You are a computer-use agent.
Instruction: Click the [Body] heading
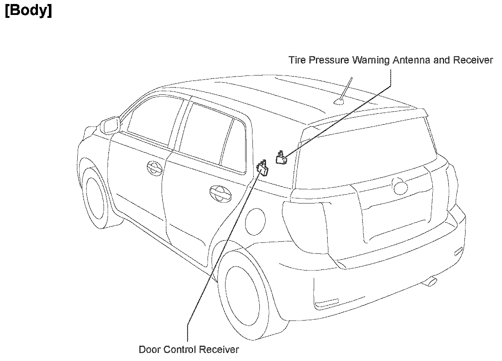(x=28, y=11)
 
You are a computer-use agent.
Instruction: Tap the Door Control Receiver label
(x=189, y=349)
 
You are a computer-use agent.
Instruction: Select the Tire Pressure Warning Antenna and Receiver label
(x=390, y=60)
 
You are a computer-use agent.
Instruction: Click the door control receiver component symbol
(x=263, y=169)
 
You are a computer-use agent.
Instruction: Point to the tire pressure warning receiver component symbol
(x=281, y=158)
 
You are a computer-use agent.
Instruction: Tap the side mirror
(x=111, y=125)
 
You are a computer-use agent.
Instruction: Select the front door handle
(x=155, y=168)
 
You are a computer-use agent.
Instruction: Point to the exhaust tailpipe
(x=431, y=281)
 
